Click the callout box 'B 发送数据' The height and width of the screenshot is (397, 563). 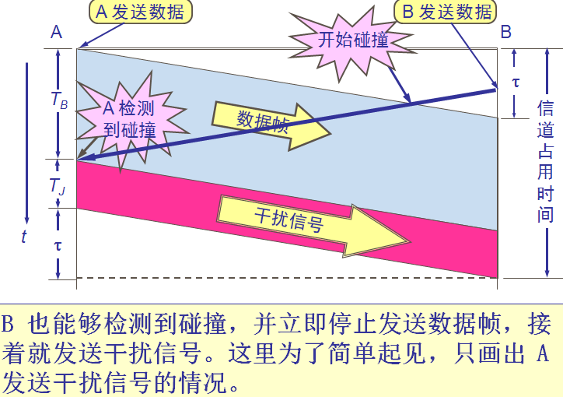tap(446, 12)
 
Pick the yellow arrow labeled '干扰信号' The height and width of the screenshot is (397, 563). tap(295, 220)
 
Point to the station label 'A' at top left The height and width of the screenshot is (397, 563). tap(56, 32)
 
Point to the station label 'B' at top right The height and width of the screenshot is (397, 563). tap(506, 32)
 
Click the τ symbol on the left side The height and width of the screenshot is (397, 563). tap(58, 244)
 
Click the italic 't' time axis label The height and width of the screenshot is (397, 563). tap(24, 237)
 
